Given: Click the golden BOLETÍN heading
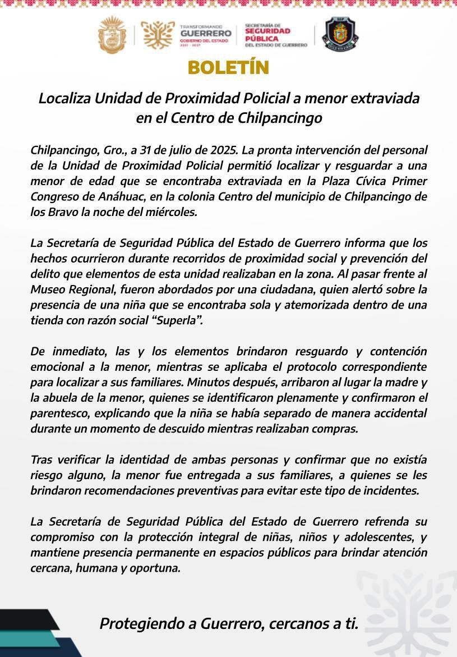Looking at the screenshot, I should click(x=228, y=68).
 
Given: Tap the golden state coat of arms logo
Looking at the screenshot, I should click(x=112, y=35).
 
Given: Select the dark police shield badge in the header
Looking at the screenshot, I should click(x=340, y=35).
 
